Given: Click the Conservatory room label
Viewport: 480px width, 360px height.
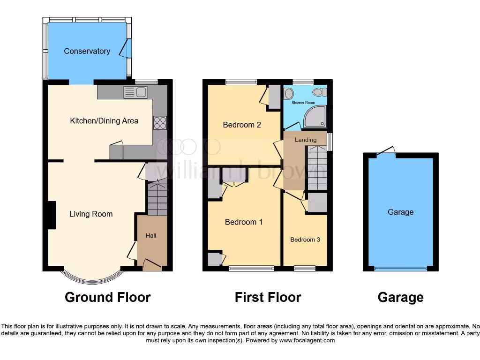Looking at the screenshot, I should click(x=87, y=51).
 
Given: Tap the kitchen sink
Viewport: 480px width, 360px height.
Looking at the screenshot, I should click(x=135, y=92).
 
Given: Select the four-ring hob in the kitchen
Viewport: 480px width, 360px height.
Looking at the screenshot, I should click(x=160, y=122).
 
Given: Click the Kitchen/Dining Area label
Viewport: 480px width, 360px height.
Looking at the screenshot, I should click(x=104, y=121).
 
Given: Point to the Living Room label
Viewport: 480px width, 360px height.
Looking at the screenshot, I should click(x=91, y=214).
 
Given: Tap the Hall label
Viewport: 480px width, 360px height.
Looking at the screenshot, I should click(x=151, y=236).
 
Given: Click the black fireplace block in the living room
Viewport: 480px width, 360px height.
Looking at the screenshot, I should click(x=50, y=215).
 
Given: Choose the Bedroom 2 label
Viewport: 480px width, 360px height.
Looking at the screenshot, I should click(x=241, y=125).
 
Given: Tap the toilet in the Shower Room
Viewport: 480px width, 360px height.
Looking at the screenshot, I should click(x=320, y=92).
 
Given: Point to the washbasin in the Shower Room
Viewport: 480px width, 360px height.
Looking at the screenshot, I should click(x=288, y=92).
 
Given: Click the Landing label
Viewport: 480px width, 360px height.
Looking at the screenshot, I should click(x=305, y=140).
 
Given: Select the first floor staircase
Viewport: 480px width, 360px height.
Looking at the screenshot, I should click(x=317, y=168).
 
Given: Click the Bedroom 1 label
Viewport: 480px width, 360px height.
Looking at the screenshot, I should click(x=244, y=222).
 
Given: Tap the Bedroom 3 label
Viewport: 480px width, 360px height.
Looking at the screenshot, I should click(x=305, y=240).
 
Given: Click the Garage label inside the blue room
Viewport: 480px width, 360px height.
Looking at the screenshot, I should click(x=400, y=212).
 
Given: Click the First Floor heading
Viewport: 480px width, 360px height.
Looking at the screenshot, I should click(x=268, y=297).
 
